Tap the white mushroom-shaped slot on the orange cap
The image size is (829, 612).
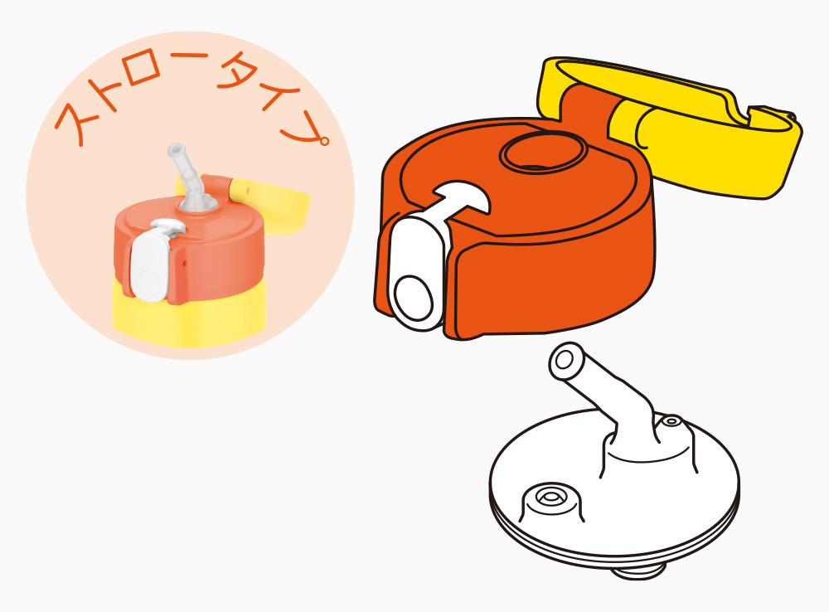pyautogui.click(x=460, y=198)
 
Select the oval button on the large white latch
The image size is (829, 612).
pyautogui.click(x=414, y=298)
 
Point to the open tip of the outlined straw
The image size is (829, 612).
pyautogui.click(x=564, y=360)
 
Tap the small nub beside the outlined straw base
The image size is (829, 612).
pyautogui.click(x=671, y=421)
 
